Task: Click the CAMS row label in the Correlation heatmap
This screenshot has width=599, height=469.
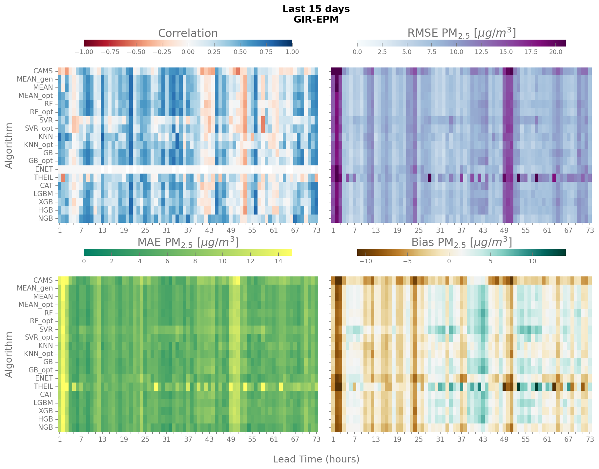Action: click(x=43, y=71)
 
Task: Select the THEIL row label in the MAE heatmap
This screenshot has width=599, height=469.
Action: click(x=43, y=386)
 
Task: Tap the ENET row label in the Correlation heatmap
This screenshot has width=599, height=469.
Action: click(x=44, y=169)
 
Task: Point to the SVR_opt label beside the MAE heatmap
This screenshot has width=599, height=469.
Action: click(x=39, y=337)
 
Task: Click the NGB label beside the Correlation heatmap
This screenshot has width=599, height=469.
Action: click(x=46, y=218)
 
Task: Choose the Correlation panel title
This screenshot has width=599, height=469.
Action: click(x=188, y=33)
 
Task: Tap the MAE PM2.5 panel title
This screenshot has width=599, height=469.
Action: click(x=188, y=242)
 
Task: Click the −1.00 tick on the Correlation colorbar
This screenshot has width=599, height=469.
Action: click(x=84, y=52)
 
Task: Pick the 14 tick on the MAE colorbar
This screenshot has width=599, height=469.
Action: click(x=278, y=261)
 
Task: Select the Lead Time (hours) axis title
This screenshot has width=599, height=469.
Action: click(x=316, y=459)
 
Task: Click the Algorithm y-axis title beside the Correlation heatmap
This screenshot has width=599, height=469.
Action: click(x=9, y=145)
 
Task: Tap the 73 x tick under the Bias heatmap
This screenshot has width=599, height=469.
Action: click(x=590, y=440)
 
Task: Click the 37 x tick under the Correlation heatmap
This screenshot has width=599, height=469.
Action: click(x=188, y=230)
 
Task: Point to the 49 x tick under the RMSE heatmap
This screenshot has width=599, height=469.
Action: click(x=504, y=230)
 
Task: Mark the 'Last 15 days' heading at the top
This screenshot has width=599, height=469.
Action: click(x=316, y=9)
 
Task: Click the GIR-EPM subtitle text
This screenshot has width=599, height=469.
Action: click(x=316, y=19)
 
